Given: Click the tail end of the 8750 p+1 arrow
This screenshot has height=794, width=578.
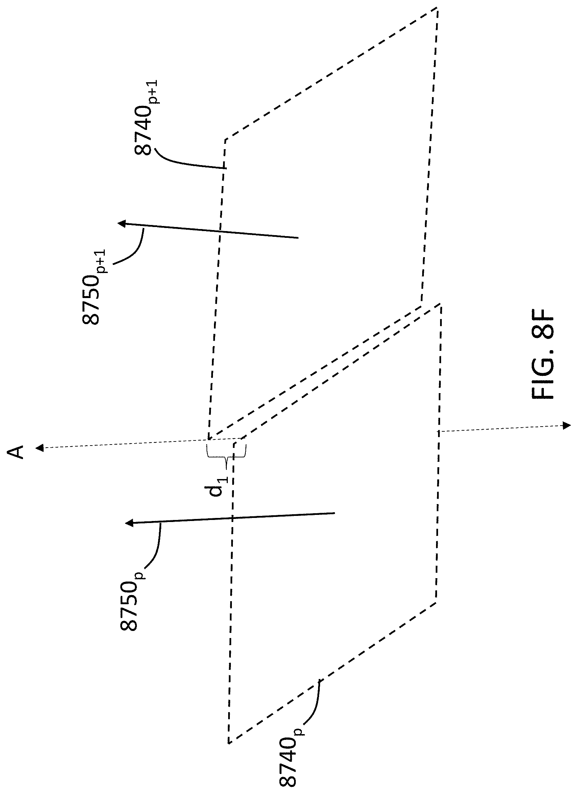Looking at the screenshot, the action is [297, 238].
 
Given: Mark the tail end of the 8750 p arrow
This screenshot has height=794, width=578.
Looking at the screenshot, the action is [335, 514].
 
